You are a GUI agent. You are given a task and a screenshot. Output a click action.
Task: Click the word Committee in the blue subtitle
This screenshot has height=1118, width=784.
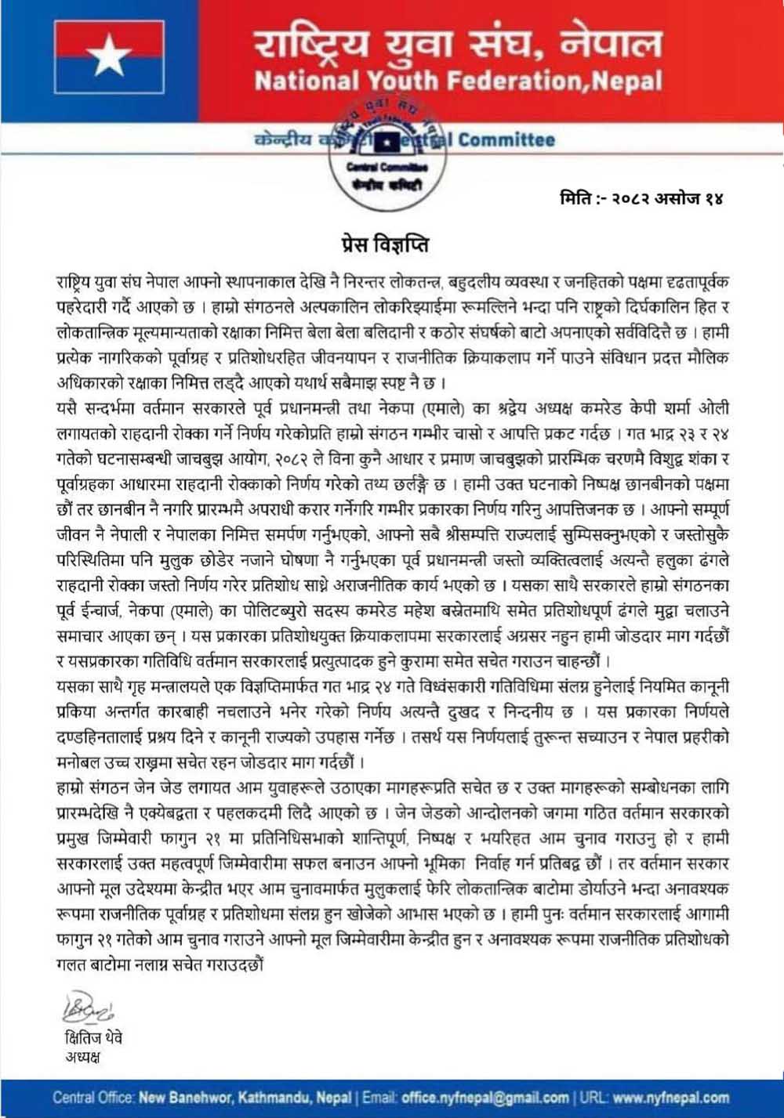(506, 141)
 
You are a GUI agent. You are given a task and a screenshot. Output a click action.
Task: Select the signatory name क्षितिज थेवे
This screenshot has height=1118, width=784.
(94, 1038)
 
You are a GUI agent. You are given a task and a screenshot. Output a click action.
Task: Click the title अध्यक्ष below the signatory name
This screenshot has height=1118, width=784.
(83, 1058)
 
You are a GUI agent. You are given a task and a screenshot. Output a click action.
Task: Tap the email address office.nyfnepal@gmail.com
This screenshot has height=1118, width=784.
(485, 1098)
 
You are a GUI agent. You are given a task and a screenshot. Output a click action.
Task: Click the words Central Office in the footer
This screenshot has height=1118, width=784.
(94, 1098)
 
